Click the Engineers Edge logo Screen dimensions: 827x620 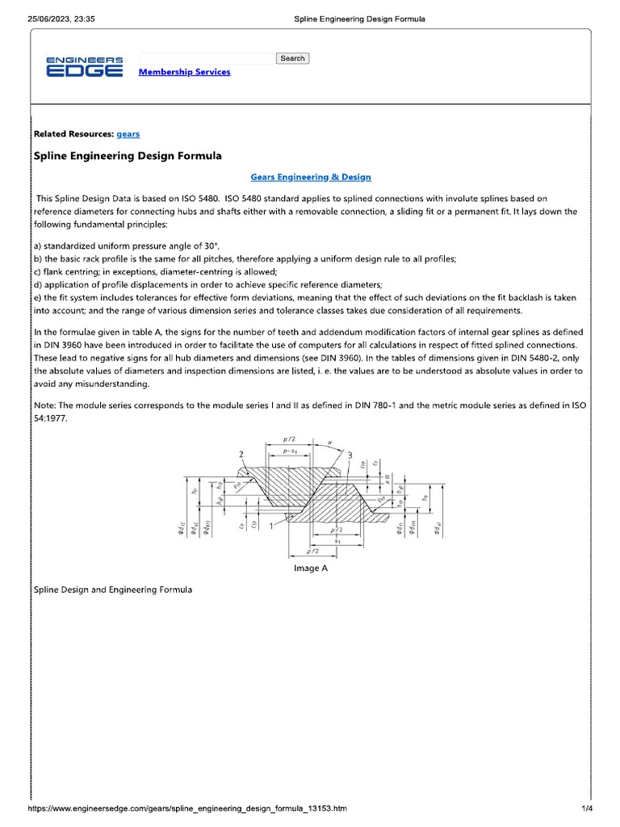(x=84, y=66)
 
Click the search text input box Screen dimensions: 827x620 (x=207, y=58)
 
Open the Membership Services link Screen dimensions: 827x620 (x=184, y=72)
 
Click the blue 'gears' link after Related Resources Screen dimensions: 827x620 (x=128, y=134)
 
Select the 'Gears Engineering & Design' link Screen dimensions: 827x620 (x=311, y=177)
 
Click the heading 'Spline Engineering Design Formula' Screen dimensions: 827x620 (x=128, y=155)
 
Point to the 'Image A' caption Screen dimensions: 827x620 (x=310, y=569)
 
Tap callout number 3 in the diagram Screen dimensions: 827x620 (x=350, y=456)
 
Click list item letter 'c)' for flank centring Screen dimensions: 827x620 (x=38, y=272)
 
